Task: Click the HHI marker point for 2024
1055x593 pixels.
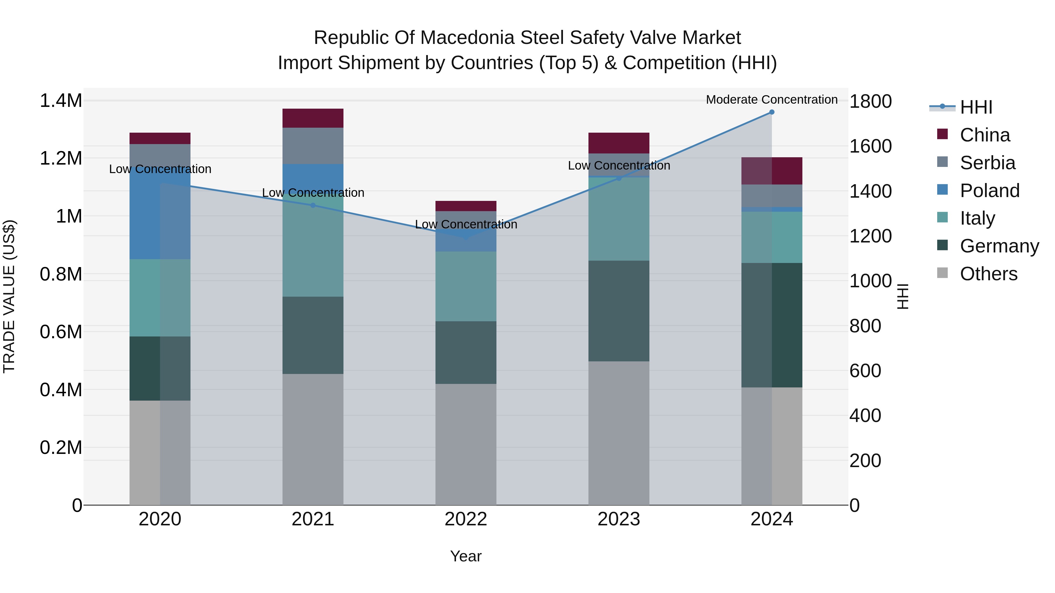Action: coord(772,112)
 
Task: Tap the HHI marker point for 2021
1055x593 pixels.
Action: coord(313,205)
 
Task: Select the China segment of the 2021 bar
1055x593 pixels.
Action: coord(313,118)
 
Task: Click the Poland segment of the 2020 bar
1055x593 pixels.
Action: coord(160,213)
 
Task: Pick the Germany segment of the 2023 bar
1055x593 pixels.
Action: coord(619,311)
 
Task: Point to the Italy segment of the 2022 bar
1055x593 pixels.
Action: coord(466,286)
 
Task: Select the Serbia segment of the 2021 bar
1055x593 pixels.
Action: coord(313,146)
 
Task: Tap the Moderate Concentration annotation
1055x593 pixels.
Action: coord(772,100)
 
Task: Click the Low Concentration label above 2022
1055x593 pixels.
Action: coord(466,224)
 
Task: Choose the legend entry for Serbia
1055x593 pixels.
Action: coord(987,163)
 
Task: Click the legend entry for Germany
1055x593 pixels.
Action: coord(999,246)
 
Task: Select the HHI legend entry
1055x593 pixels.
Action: coord(976,107)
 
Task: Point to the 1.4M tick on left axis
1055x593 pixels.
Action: coord(61,101)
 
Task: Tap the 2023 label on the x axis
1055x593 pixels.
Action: coord(619,519)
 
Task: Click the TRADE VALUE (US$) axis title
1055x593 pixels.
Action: coord(9,296)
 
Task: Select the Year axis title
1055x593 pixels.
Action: coord(466,556)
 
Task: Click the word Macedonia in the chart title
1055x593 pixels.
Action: coord(470,38)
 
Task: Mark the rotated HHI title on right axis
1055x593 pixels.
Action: coord(902,296)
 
